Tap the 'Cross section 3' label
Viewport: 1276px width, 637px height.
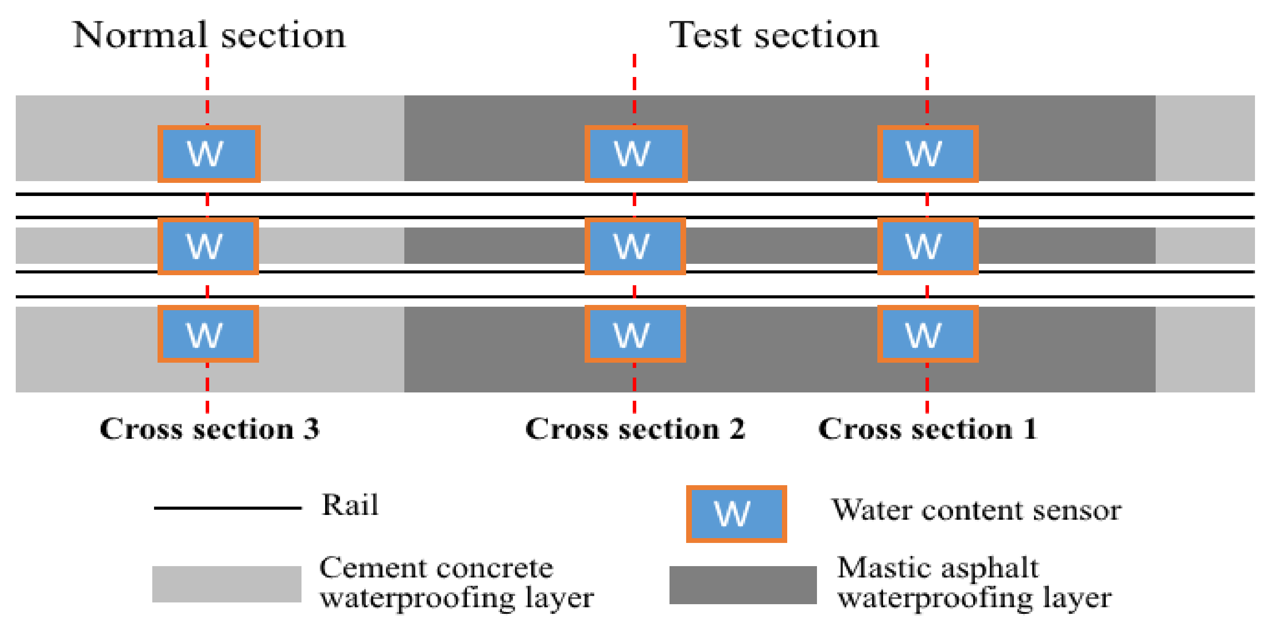(209, 428)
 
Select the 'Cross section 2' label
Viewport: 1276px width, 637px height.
(635, 428)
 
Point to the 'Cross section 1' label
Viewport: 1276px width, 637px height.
(927, 428)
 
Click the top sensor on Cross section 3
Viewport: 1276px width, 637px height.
(209, 154)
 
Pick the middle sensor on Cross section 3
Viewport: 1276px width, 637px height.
(208, 246)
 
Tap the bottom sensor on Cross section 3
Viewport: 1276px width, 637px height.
(208, 333)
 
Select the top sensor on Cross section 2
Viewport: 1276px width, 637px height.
(635, 154)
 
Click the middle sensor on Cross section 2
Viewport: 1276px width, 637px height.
(635, 246)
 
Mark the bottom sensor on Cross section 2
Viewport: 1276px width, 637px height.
(635, 333)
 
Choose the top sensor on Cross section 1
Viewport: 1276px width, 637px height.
(927, 154)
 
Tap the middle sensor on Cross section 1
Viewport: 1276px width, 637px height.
(927, 246)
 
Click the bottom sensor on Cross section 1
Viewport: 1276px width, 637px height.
(927, 333)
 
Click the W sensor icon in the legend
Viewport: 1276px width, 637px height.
(736, 514)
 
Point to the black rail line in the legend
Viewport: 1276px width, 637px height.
(228, 507)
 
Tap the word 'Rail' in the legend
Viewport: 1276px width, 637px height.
(350, 505)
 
